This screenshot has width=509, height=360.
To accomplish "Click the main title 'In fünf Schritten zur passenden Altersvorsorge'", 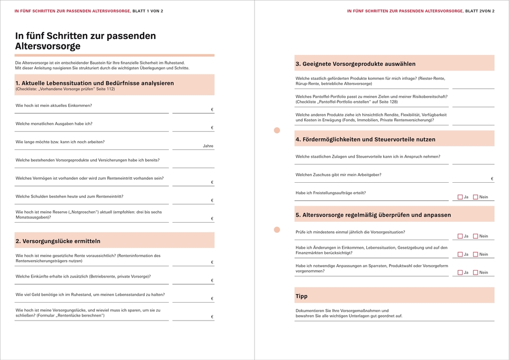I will pyautogui.click(x=85, y=41).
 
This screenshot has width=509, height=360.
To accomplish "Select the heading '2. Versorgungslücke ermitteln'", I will pyautogui.click(x=58, y=241).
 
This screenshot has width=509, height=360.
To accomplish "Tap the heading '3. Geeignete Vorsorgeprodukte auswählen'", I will pyautogui.click(x=355, y=64).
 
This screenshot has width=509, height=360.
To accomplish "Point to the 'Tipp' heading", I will pyautogui.click(x=301, y=297).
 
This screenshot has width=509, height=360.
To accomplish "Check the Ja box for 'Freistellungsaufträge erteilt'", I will pyautogui.click(x=460, y=197).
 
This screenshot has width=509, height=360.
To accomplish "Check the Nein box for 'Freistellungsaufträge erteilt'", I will pyautogui.click(x=476, y=197).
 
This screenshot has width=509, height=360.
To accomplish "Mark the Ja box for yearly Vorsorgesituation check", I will pyautogui.click(x=460, y=236).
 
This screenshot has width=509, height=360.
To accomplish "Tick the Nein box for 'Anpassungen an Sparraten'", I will pyautogui.click(x=476, y=273).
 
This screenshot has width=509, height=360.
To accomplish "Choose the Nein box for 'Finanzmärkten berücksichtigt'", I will pyautogui.click(x=476, y=255).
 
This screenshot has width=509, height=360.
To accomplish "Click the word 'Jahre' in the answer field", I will pyautogui.click(x=208, y=146).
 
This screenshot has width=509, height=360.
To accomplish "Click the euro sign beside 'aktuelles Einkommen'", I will pyautogui.click(x=212, y=110).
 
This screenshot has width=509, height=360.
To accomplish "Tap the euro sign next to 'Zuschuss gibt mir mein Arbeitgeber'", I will pyautogui.click(x=492, y=179).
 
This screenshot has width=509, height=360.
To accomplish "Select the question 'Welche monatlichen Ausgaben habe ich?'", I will pyautogui.click(x=54, y=124).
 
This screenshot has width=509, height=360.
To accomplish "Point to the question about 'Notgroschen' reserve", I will pyautogui.click(x=88, y=215).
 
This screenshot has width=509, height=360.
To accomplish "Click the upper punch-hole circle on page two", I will pyautogui.click(x=277, y=130).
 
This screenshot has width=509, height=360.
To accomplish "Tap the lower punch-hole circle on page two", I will pyautogui.click(x=277, y=230).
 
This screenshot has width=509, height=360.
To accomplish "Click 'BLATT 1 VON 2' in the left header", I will pyautogui.click(x=148, y=10).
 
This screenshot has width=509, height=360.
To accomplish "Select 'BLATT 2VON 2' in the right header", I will pyautogui.click(x=480, y=10).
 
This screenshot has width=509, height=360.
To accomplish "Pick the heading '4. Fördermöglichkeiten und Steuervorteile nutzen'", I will pyautogui.click(x=365, y=140).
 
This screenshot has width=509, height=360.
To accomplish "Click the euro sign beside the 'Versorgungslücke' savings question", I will pyautogui.click(x=212, y=317).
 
